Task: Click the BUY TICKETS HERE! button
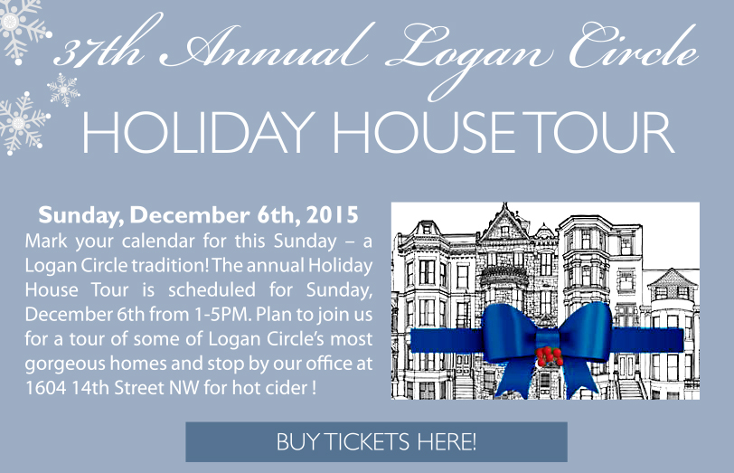[376, 441]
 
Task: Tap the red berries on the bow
[549, 355]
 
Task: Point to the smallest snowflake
[63, 89]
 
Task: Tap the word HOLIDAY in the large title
[197, 132]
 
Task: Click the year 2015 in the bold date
[332, 215]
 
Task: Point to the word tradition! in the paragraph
[169, 266]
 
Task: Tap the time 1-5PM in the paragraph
[221, 314]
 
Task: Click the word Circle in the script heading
[633, 47]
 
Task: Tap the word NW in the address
[183, 388]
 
